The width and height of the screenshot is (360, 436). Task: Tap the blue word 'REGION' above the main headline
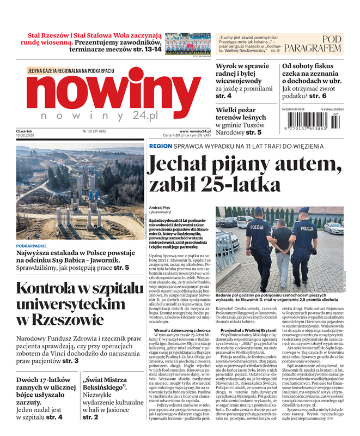(x=160, y=146)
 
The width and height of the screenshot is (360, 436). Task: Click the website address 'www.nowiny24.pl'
(x=194, y=131)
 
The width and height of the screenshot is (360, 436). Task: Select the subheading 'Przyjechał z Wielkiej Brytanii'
(x=248, y=330)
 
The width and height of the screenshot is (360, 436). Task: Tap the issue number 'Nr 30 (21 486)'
(x=95, y=131)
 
